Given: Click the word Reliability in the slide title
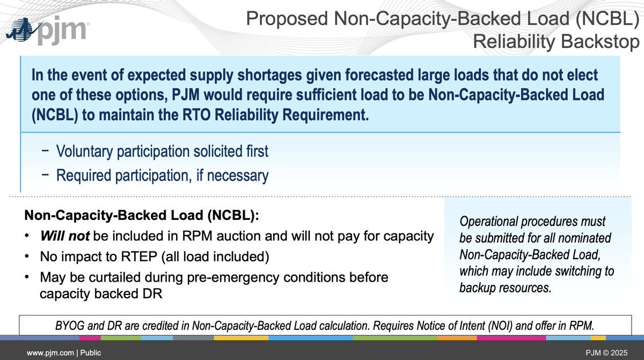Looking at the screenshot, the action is click(514, 42).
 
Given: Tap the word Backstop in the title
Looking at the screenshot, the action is click(600, 42).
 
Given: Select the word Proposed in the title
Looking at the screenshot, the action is click(287, 19).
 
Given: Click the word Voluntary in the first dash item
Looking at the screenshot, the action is click(84, 151).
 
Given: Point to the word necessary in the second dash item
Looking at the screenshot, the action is click(238, 176).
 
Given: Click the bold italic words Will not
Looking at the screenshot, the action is click(65, 236).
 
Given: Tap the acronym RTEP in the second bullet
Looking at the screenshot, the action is click(139, 256).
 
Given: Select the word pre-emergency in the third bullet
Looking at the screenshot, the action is click(233, 277).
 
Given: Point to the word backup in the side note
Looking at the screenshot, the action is click(477, 288).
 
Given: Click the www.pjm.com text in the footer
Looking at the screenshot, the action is click(50, 353).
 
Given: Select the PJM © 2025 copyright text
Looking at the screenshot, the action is click(606, 353).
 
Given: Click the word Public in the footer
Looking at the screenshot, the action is click(91, 352).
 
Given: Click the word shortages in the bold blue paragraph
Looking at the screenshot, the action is click(269, 75).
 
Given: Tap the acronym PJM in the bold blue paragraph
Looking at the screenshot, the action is click(186, 95).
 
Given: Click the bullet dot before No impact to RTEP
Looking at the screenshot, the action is click(27, 256).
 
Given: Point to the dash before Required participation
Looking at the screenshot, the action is click(45, 174).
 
